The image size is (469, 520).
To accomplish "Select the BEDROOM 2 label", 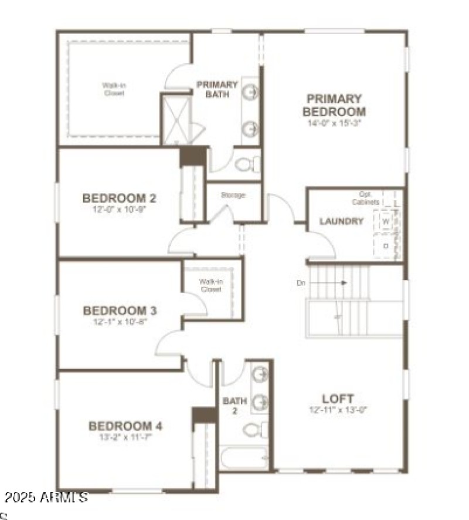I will click(119, 198).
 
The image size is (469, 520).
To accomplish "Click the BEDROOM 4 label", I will click(125, 426).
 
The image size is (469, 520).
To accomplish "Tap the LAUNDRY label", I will click(341, 221).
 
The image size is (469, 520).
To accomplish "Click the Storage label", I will click(232, 195).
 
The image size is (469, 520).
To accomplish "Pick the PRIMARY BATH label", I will click(217, 89).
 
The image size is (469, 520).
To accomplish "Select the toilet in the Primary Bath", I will click(247, 164).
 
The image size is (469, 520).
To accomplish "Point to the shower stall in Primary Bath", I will click(176, 120).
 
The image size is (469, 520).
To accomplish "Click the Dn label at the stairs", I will click(301, 283).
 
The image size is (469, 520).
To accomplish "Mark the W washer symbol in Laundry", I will click(386, 222).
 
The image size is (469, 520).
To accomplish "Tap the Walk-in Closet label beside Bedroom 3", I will click(210, 285).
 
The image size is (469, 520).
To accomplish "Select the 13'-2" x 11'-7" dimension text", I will click(125, 438).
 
